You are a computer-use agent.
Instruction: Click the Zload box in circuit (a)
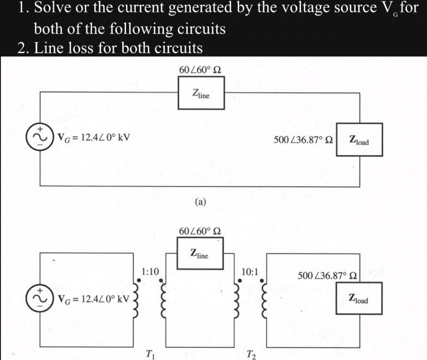coord(359,140)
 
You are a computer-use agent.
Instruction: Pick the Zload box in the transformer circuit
coord(359,298)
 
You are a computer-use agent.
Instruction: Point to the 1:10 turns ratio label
coord(150,271)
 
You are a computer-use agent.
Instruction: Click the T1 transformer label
coord(150,354)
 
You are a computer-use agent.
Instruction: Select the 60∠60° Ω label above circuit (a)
coord(199,70)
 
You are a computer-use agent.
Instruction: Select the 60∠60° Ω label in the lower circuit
coord(199,231)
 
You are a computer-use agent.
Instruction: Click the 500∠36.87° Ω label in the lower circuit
coord(328,276)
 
